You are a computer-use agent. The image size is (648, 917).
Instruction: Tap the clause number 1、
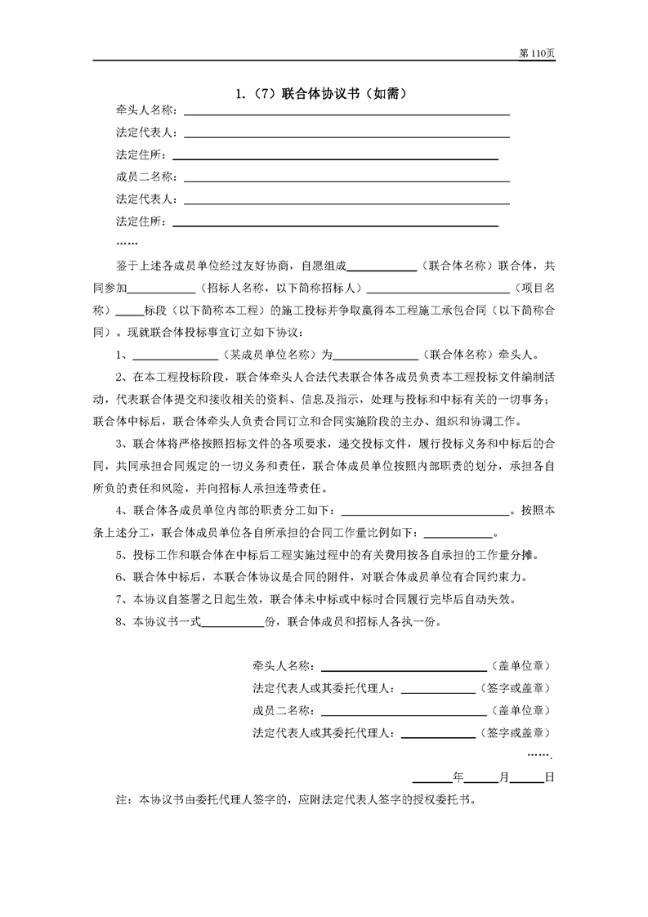123,355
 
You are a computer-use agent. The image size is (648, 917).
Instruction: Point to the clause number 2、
123,377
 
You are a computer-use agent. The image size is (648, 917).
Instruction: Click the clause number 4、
123,511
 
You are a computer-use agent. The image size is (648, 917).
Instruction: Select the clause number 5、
123,555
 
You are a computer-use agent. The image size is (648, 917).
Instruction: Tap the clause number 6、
123,577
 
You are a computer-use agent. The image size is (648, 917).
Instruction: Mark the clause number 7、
123,599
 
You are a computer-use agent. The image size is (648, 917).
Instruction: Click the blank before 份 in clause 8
233,621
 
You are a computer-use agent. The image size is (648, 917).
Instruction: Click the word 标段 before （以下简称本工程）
155,311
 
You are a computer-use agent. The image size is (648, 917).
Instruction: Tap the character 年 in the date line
458,777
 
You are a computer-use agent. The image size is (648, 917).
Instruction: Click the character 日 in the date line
550,777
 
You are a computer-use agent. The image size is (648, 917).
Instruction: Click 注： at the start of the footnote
127,799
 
